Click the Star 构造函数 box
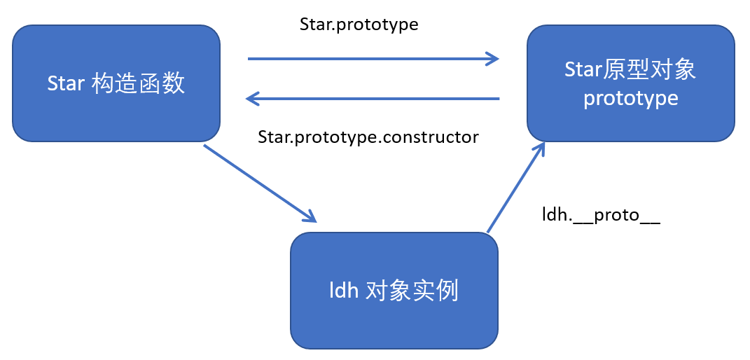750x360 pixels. [x=116, y=84]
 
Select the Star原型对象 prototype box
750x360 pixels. [x=631, y=84]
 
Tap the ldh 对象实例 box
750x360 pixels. [x=394, y=290]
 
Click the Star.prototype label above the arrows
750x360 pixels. [x=359, y=25]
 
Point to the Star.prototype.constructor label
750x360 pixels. [x=368, y=137]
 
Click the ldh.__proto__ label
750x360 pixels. [x=601, y=214]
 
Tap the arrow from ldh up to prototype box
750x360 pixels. [x=515, y=188]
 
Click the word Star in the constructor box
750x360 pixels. [x=66, y=84]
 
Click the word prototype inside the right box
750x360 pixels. [x=631, y=98]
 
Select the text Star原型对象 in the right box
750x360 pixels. [x=630, y=69]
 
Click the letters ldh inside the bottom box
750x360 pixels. [x=343, y=290]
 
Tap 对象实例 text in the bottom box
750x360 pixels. [x=412, y=290]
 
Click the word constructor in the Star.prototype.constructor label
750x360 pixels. [x=436, y=137]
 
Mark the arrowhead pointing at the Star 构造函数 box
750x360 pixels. [x=253, y=99]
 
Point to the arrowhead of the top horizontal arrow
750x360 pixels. [x=492, y=59]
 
